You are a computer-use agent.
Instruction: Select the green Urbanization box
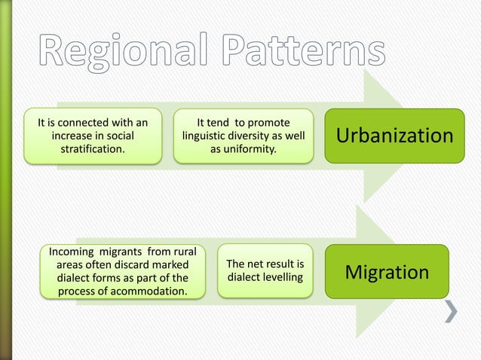[394, 136]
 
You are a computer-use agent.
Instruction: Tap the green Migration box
[387, 271]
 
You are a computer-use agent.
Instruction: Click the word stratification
[93, 150]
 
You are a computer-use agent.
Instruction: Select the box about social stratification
[93, 136]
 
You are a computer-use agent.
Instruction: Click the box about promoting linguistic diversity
[243, 136]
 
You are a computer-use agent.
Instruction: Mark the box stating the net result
[265, 271]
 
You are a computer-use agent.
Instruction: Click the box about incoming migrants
[122, 270]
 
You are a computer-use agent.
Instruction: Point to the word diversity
[264, 136]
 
